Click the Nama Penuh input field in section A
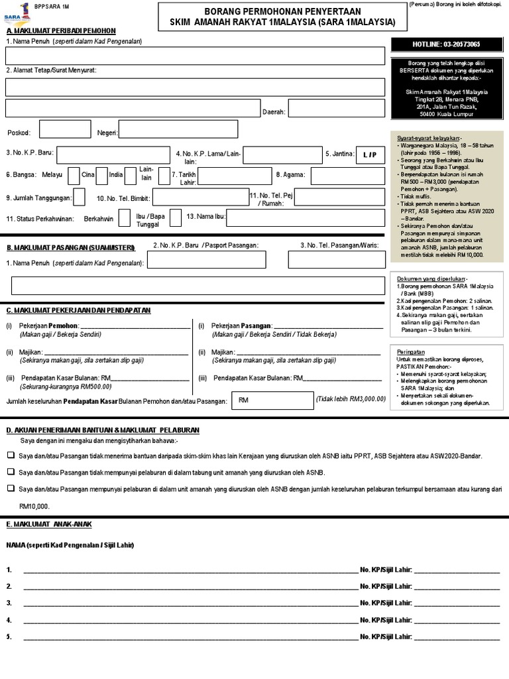click(195, 56)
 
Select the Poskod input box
click(66, 129)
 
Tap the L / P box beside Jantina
click(369, 154)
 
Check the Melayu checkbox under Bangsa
click(71, 176)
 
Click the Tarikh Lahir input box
click(225, 176)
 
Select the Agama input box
click(347, 176)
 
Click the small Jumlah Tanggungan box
click(79, 197)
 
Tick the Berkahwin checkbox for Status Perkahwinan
click(124, 217)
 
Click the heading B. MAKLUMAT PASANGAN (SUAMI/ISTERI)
click(70, 247)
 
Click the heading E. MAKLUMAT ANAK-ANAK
click(49, 524)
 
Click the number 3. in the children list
click(9, 603)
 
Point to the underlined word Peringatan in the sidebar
click(411, 351)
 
